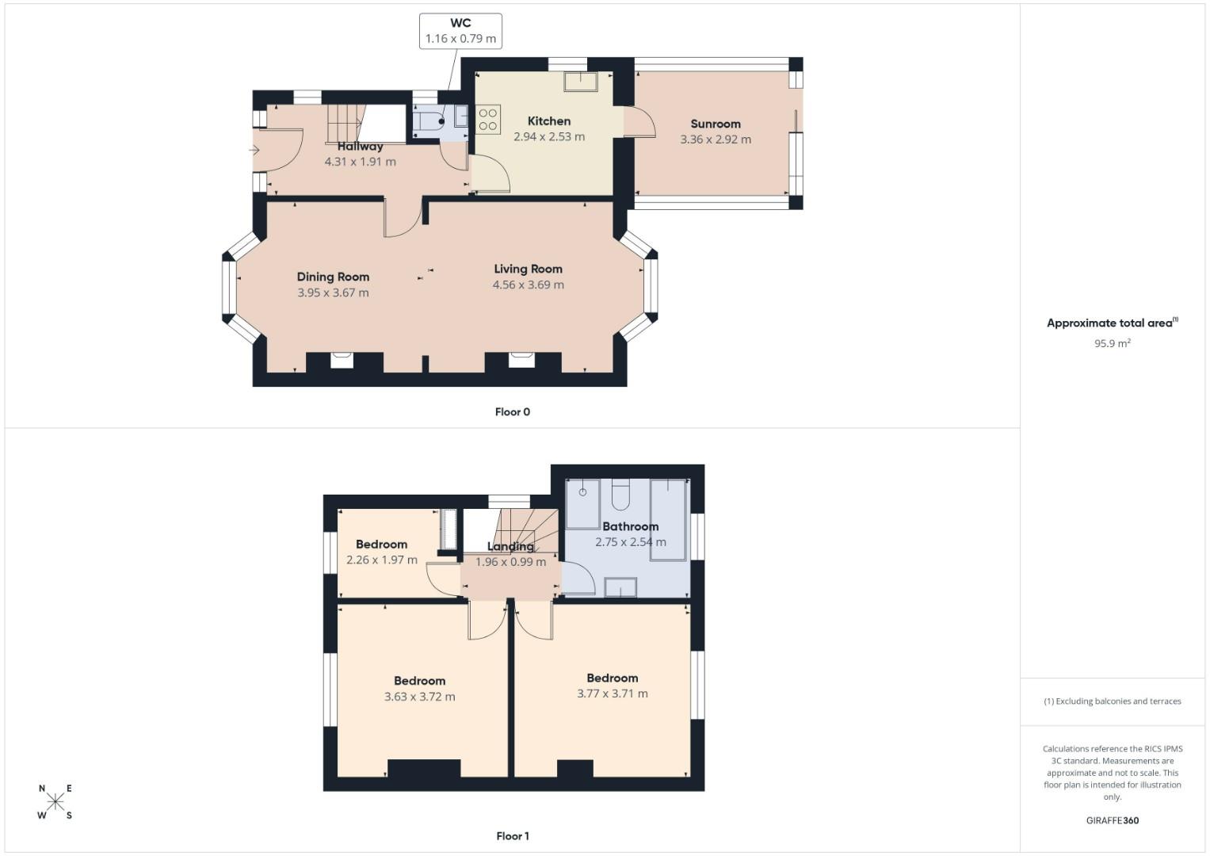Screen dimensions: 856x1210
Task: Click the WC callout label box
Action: [x=460, y=31]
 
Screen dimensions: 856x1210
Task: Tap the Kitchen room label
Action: [x=548, y=121]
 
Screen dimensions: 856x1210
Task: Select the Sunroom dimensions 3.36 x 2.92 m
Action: [x=716, y=139]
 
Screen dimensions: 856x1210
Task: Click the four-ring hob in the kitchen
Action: [x=488, y=119]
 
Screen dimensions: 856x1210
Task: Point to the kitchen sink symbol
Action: [x=581, y=81]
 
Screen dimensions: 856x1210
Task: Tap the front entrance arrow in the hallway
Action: [x=254, y=150]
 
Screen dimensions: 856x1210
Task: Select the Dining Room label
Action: [x=333, y=277]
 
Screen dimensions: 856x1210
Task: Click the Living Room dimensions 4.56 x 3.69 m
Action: [x=528, y=285]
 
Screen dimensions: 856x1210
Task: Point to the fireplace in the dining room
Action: [x=342, y=361]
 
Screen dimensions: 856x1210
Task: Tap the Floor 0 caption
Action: [x=512, y=412]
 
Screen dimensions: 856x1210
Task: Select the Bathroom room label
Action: [x=630, y=526]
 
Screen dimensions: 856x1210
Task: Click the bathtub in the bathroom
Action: [x=668, y=519]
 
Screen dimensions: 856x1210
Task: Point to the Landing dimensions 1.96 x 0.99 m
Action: [x=510, y=562]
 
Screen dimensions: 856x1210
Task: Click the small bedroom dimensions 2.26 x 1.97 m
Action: [x=381, y=560]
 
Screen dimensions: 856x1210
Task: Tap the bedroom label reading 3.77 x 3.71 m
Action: [x=612, y=694]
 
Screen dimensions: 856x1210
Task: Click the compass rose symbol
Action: [x=55, y=801]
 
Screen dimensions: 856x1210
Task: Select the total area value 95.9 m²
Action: [x=1112, y=343]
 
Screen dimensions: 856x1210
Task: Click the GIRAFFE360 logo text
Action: [x=1112, y=820]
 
